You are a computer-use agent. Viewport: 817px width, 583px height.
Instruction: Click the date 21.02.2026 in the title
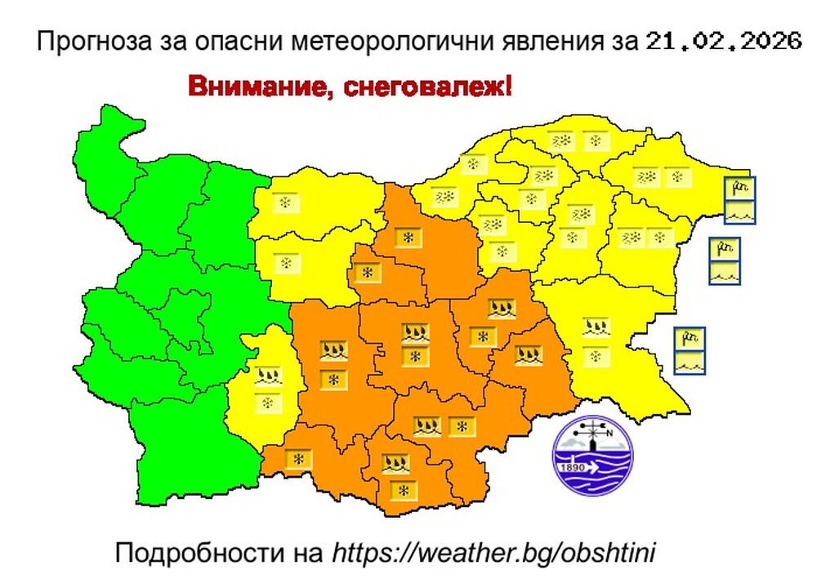coord(722,42)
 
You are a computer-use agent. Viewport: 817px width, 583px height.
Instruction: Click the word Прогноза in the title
coord(88,42)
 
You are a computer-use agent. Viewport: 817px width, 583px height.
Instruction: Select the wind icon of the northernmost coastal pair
coord(740,189)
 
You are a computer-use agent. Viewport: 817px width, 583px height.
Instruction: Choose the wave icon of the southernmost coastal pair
coord(690,362)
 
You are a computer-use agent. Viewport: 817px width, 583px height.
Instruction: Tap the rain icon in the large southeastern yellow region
coord(595,328)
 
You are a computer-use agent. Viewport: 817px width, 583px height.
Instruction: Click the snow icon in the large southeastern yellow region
coord(595,356)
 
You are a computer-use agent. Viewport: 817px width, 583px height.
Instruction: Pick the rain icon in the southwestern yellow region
coord(267,376)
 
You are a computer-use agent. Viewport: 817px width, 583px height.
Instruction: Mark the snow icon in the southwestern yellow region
coord(267,403)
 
